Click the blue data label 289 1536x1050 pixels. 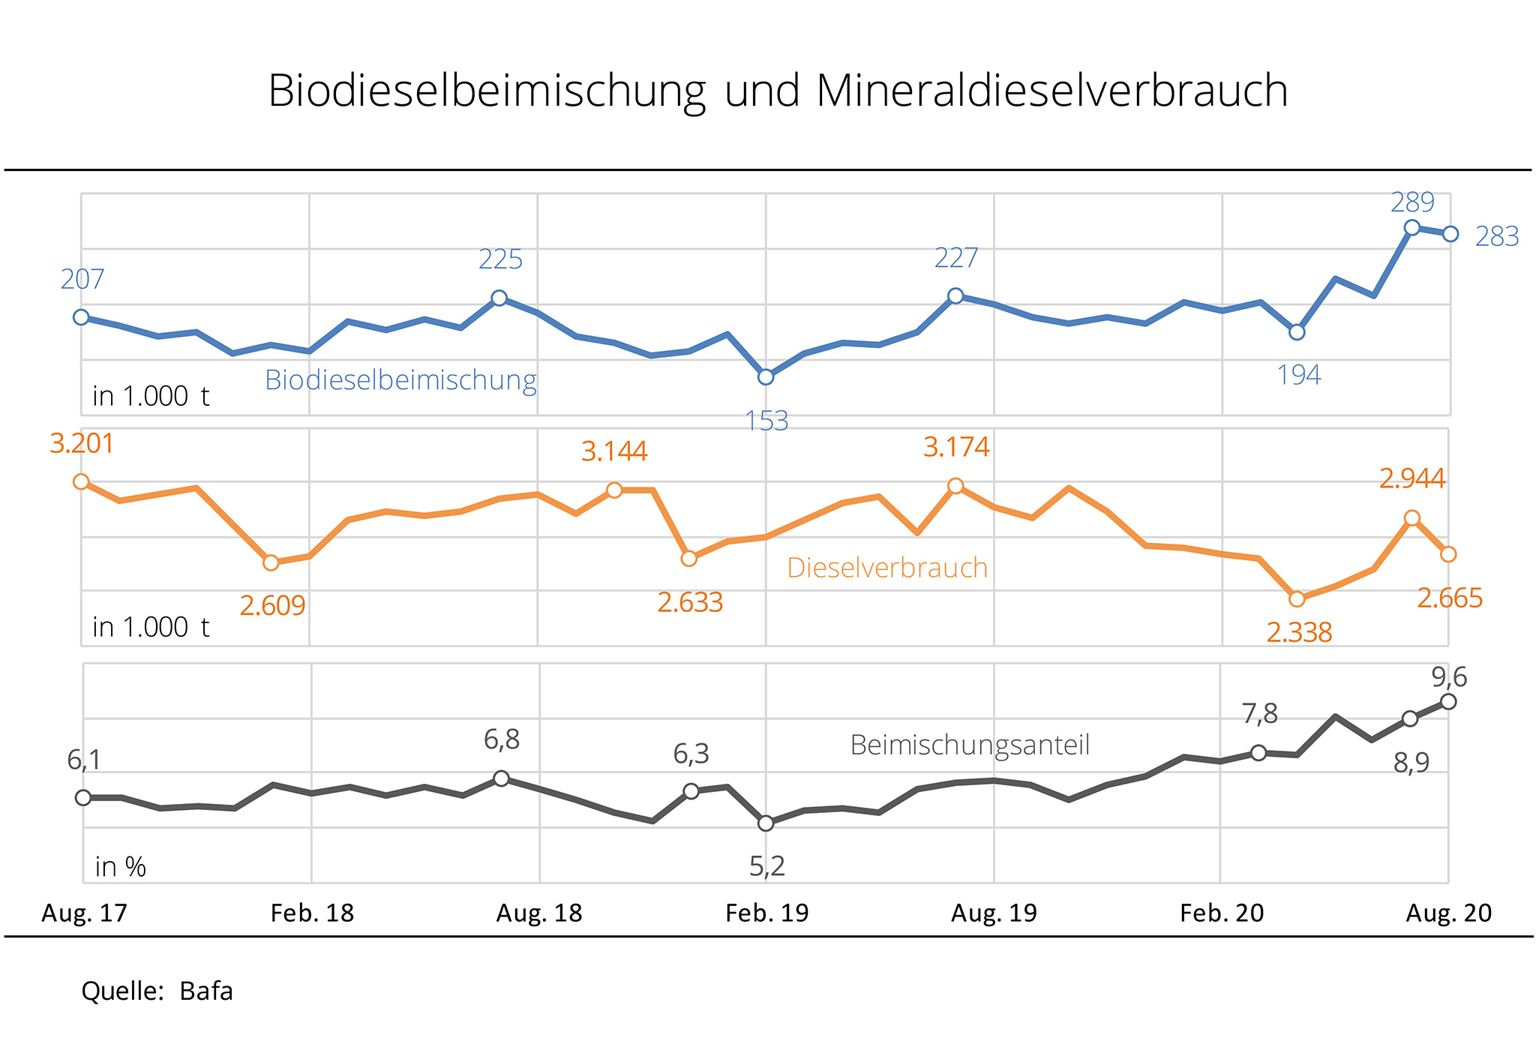(1412, 202)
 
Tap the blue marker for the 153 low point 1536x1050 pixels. (766, 377)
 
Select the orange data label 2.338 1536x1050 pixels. (1299, 633)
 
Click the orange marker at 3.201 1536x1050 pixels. (82, 481)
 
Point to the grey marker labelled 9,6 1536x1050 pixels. (1449, 702)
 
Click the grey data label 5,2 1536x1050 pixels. (767, 867)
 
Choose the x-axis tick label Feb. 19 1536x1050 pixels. (767, 913)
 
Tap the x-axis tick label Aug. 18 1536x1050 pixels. (539, 913)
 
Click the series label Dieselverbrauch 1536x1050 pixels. (887, 568)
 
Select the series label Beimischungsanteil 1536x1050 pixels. (970, 745)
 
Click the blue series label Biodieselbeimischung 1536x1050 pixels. (400, 380)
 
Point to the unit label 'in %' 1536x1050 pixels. (120, 867)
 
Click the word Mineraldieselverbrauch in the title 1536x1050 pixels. (1051, 91)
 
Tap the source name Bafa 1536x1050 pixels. (206, 991)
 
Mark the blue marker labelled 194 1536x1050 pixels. (1297, 332)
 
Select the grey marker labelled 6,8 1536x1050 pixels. (502, 778)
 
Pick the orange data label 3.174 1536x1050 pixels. (956, 448)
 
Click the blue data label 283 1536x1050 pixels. (1497, 237)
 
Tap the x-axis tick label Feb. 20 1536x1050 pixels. (1222, 913)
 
